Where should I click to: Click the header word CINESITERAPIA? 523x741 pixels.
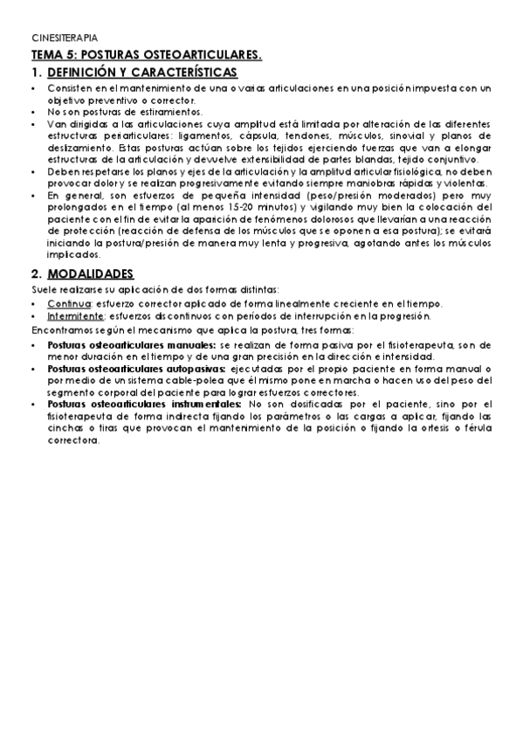(65, 39)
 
